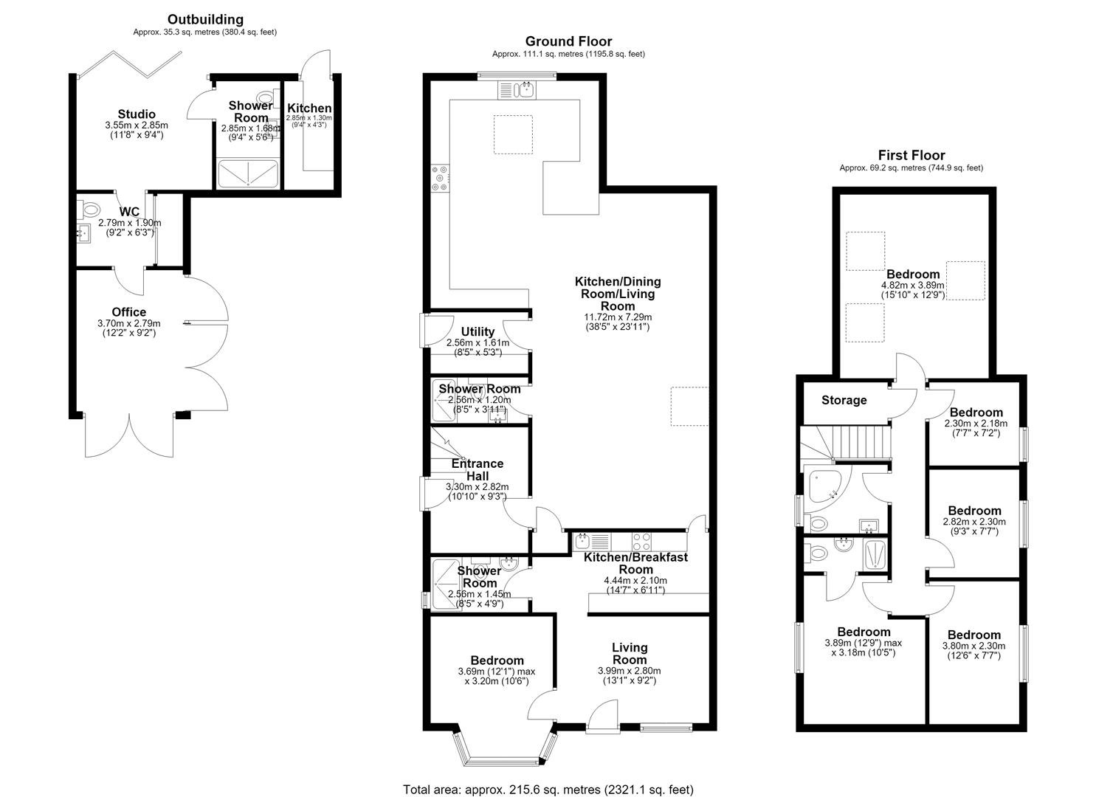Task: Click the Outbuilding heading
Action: pyautogui.click(x=205, y=20)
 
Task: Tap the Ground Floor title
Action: pyautogui.click(x=568, y=41)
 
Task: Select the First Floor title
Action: pyautogui.click(x=911, y=156)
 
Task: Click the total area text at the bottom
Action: pyautogui.click(x=548, y=776)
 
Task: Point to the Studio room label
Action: pyautogui.click(x=137, y=114)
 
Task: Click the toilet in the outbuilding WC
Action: pyautogui.click(x=89, y=210)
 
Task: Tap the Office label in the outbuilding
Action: pyautogui.click(x=128, y=312)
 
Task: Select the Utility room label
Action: pyautogui.click(x=478, y=332)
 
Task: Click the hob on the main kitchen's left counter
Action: pyautogui.click(x=440, y=178)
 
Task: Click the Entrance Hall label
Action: pyautogui.click(x=477, y=469)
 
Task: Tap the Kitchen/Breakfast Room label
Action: pyautogui.click(x=635, y=563)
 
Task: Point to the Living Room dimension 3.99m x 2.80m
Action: pyautogui.click(x=630, y=671)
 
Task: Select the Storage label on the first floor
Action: pyautogui.click(x=844, y=400)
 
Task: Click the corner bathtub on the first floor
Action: pyautogui.click(x=827, y=486)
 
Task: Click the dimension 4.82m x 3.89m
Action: pyautogui.click(x=913, y=286)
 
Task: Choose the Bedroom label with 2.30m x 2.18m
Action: pyautogui.click(x=976, y=413)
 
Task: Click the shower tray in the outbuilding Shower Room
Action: pyautogui.click(x=248, y=174)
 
